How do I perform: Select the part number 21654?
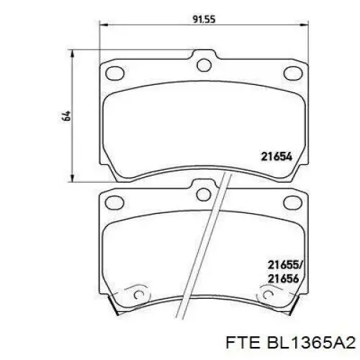coord(276,155)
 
